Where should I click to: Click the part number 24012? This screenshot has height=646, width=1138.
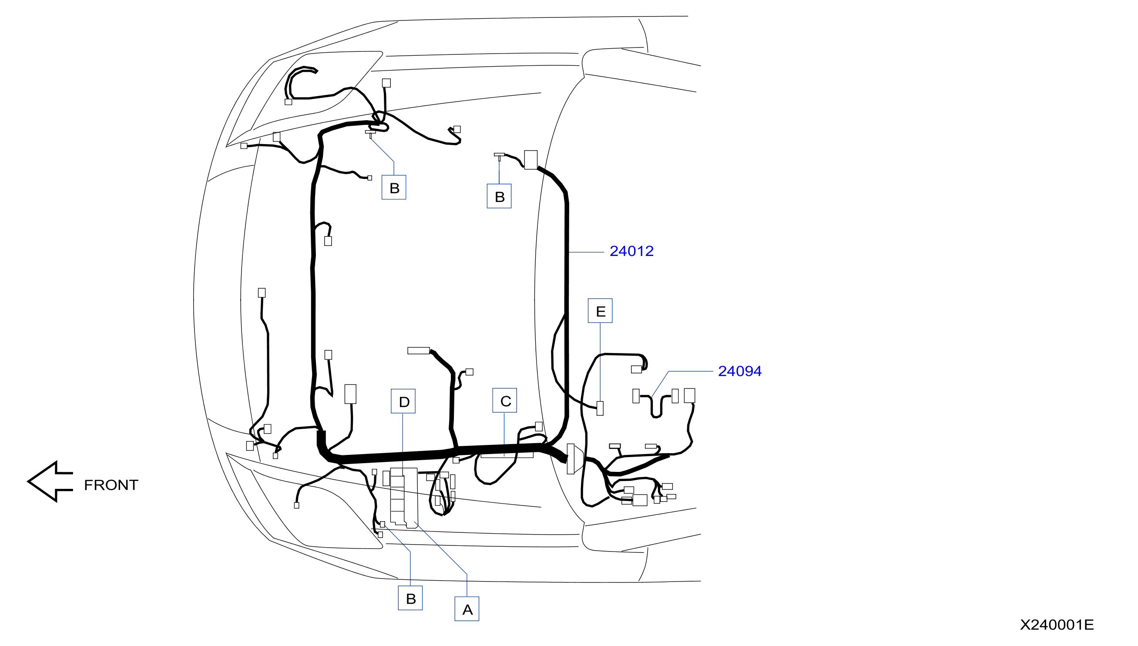tap(631, 251)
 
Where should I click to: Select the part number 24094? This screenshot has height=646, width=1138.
tap(739, 371)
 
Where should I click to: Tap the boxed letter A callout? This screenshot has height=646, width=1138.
tap(467, 609)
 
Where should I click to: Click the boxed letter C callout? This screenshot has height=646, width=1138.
tap(505, 400)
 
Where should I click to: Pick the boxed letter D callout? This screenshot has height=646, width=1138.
tap(403, 401)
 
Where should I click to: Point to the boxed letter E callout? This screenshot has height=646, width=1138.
tap(600, 310)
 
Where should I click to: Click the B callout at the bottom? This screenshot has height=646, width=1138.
tap(410, 598)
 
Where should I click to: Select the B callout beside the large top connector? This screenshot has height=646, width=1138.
tap(499, 196)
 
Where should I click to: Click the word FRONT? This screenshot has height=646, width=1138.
tap(111, 485)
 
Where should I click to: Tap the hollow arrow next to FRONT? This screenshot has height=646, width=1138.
tap(50, 481)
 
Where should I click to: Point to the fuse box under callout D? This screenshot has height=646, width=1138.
tap(403, 498)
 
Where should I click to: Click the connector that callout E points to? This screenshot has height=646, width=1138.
tap(600, 408)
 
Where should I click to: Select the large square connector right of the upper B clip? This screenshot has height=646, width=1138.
tap(531, 160)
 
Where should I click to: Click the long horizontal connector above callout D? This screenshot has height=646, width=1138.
tap(418, 350)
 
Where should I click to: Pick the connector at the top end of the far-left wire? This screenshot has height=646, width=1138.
tap(262, 293)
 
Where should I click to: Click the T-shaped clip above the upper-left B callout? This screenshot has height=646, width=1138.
tap(370, 133)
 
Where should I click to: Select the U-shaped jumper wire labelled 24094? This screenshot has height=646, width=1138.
tap(656, 405)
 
